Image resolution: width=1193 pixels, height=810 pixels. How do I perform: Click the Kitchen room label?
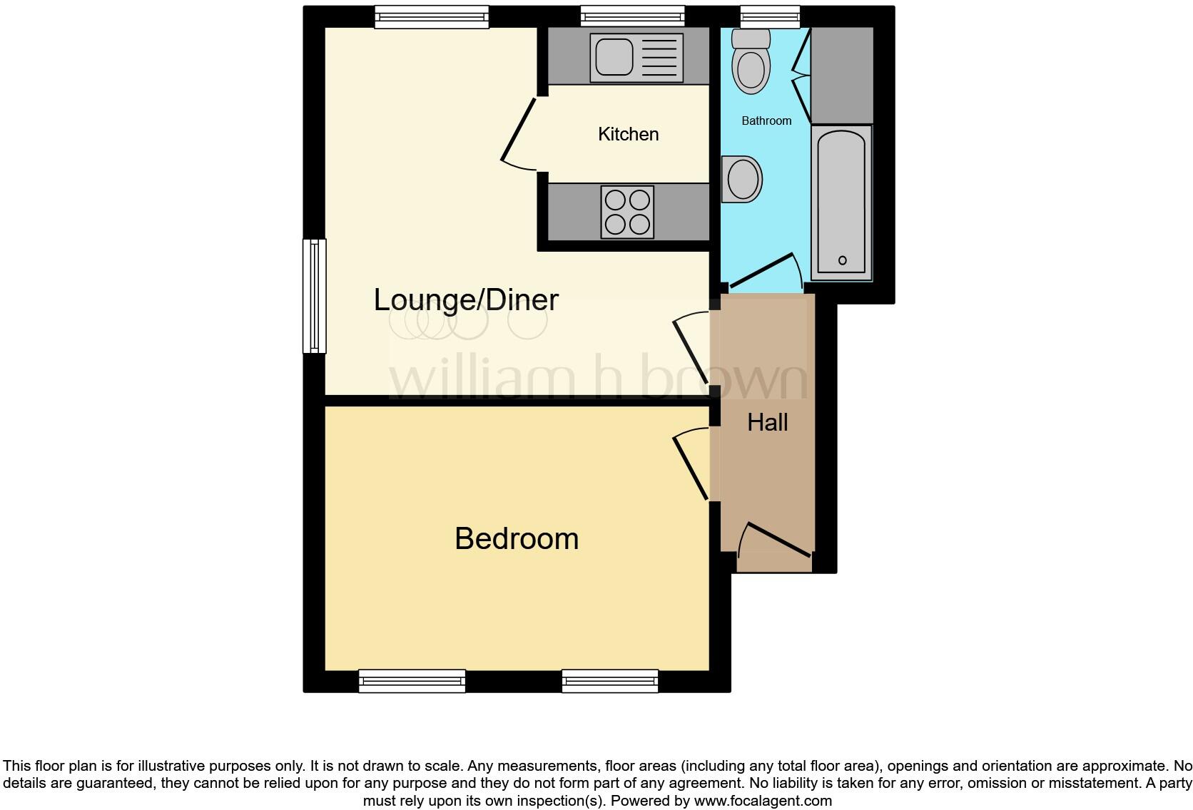(x=628, y=134)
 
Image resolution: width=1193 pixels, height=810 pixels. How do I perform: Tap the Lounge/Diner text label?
(x=466, y=299)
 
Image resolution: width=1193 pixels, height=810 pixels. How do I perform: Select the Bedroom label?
(x=517, y=538)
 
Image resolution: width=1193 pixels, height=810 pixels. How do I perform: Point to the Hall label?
(x=767, y=422)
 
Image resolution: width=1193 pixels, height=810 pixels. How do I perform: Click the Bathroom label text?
(x=766, y=121)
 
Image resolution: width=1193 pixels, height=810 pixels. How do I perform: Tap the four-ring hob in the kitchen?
(x=628, y=212)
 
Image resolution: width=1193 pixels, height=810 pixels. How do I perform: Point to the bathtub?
(x=842, y=203)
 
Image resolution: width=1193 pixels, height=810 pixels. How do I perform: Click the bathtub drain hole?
(x=842, y=260)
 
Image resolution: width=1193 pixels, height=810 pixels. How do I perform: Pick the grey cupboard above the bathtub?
(x=842, y=75)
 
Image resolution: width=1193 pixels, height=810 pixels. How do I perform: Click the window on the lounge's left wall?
(x=314, y=296)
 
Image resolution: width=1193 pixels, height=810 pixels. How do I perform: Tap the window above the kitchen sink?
(x=632, y=16)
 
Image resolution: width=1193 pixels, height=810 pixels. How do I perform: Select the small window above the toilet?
(x=769, y=16)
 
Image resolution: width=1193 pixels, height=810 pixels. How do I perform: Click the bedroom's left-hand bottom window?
(x=412, y=681)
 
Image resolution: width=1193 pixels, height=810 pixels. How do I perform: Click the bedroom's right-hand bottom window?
(x=610, y=681)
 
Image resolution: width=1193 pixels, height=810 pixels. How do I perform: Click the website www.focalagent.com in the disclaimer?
(x=763, y=801)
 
